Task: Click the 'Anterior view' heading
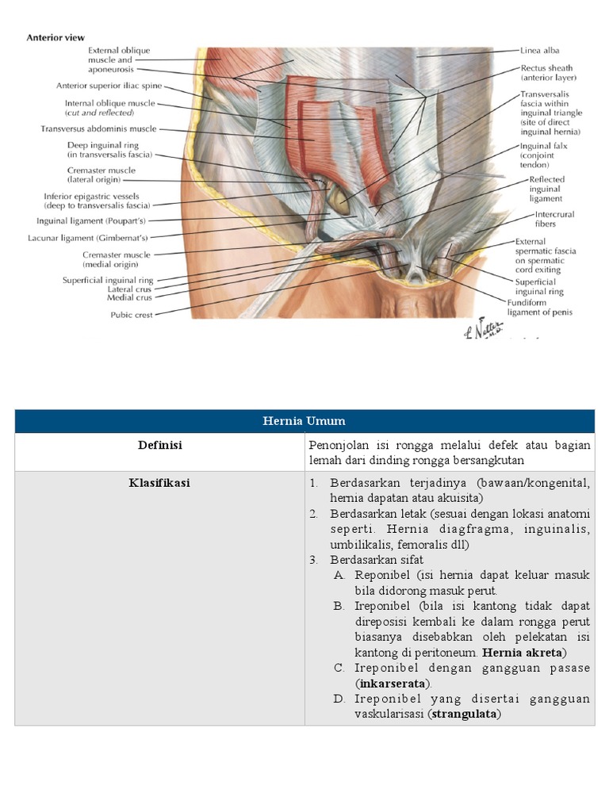pyautogui.click(x=56, y=37)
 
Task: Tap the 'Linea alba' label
pyautogui.click(x=540, y=51)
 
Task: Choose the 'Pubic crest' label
pyautogui.click(x=132, y=314)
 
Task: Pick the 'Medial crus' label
pyautogui.click(x=130, y=298)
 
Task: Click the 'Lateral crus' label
pyautogui.click(x=130, y=289)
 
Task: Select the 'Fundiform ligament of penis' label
pyautogui.click(x=546, y=307)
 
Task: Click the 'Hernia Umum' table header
pyautogui.click(x=304, y=421)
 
